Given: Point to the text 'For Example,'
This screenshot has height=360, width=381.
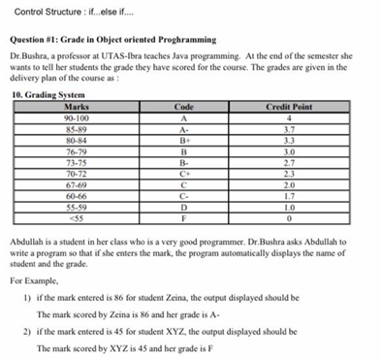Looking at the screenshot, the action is tap(38, 281).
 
